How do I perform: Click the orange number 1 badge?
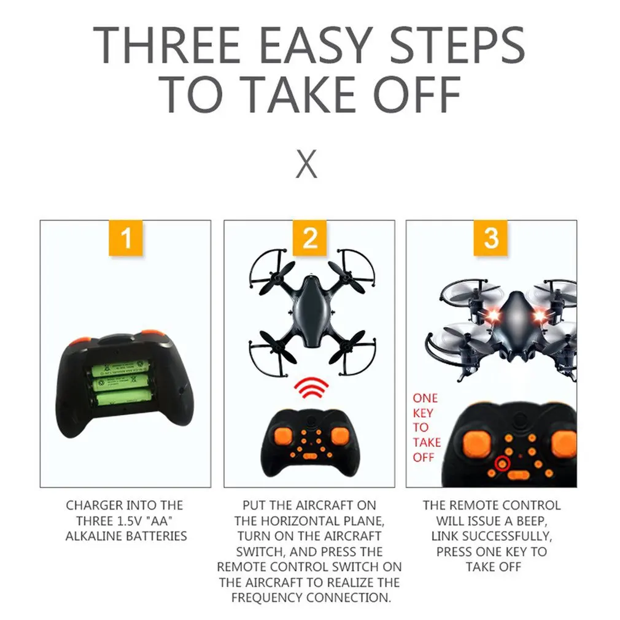pyautogui.click(x=126, y=238)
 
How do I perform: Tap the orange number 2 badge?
pyautogui.click(x=309, y=238)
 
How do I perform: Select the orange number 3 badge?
pyautogui.click(x=490, y=238)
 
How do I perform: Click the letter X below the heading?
pyautogui.click(x=306, y=163)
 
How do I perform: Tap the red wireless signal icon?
pyautogui.click(x=312, y=388)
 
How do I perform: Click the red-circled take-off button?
pyautogui.click(x=503, y=463)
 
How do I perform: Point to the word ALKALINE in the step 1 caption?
pyautogui.click(x=93, y=536)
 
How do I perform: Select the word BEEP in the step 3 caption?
pyautogui.click(x=531, y=521)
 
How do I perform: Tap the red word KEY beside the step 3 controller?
pyautogui.click(x=423, y=413)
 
